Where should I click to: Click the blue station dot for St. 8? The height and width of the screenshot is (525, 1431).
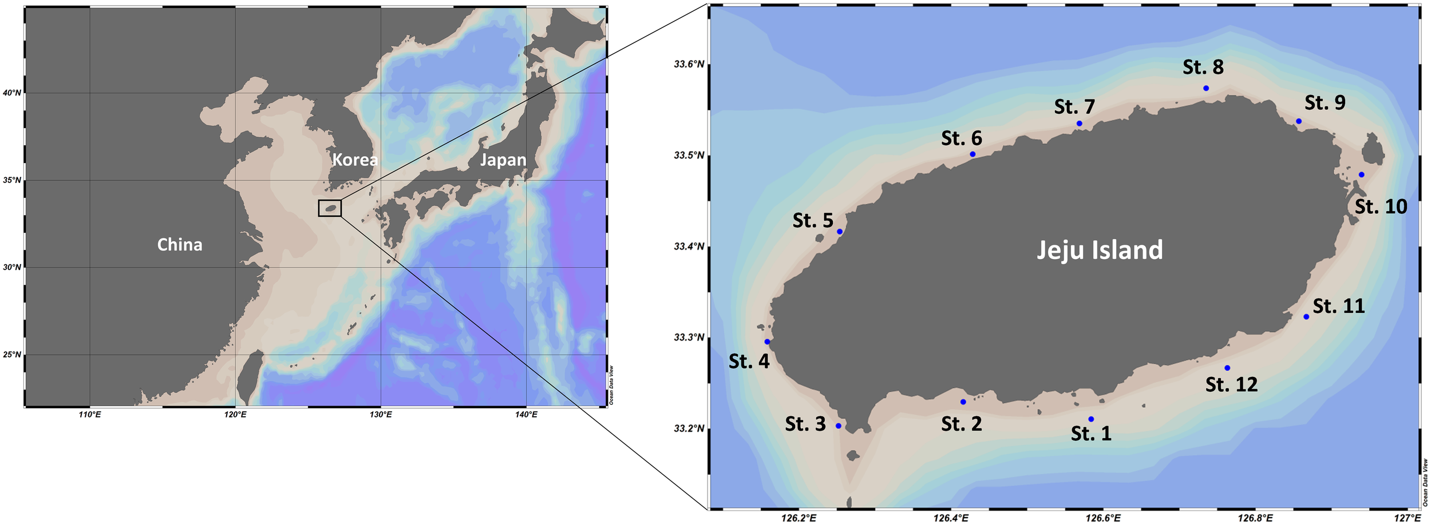(1205, 88)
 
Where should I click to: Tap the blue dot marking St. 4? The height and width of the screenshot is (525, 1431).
(767, 342)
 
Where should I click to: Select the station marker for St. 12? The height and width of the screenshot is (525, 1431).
(1227, 368)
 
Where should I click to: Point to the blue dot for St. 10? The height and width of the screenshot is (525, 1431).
(1362, 174)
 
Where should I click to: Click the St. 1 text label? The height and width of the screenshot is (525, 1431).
(1091, 433)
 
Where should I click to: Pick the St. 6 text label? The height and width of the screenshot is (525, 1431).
(962, 138)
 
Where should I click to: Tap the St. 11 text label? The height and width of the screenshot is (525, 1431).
(1339, 307)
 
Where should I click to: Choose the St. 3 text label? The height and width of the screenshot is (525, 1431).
(805, 424)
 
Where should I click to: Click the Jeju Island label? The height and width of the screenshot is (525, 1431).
(1100, 250)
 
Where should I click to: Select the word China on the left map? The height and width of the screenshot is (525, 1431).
(180, 245)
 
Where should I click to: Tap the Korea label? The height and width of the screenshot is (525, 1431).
(355, 160)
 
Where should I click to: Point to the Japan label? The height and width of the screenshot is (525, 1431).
(503, 160)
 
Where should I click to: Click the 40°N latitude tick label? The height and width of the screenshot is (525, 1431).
(12, 93)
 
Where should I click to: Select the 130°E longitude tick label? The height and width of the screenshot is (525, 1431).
(381, 414)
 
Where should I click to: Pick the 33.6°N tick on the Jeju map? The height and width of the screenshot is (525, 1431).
(689, 64)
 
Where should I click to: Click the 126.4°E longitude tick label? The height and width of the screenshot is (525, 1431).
(951, 518)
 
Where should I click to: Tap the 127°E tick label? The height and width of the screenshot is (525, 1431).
(1407, 518)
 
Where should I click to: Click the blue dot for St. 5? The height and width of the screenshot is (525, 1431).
(840, 232)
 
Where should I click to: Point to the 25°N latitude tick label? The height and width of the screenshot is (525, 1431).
(12, 355)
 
